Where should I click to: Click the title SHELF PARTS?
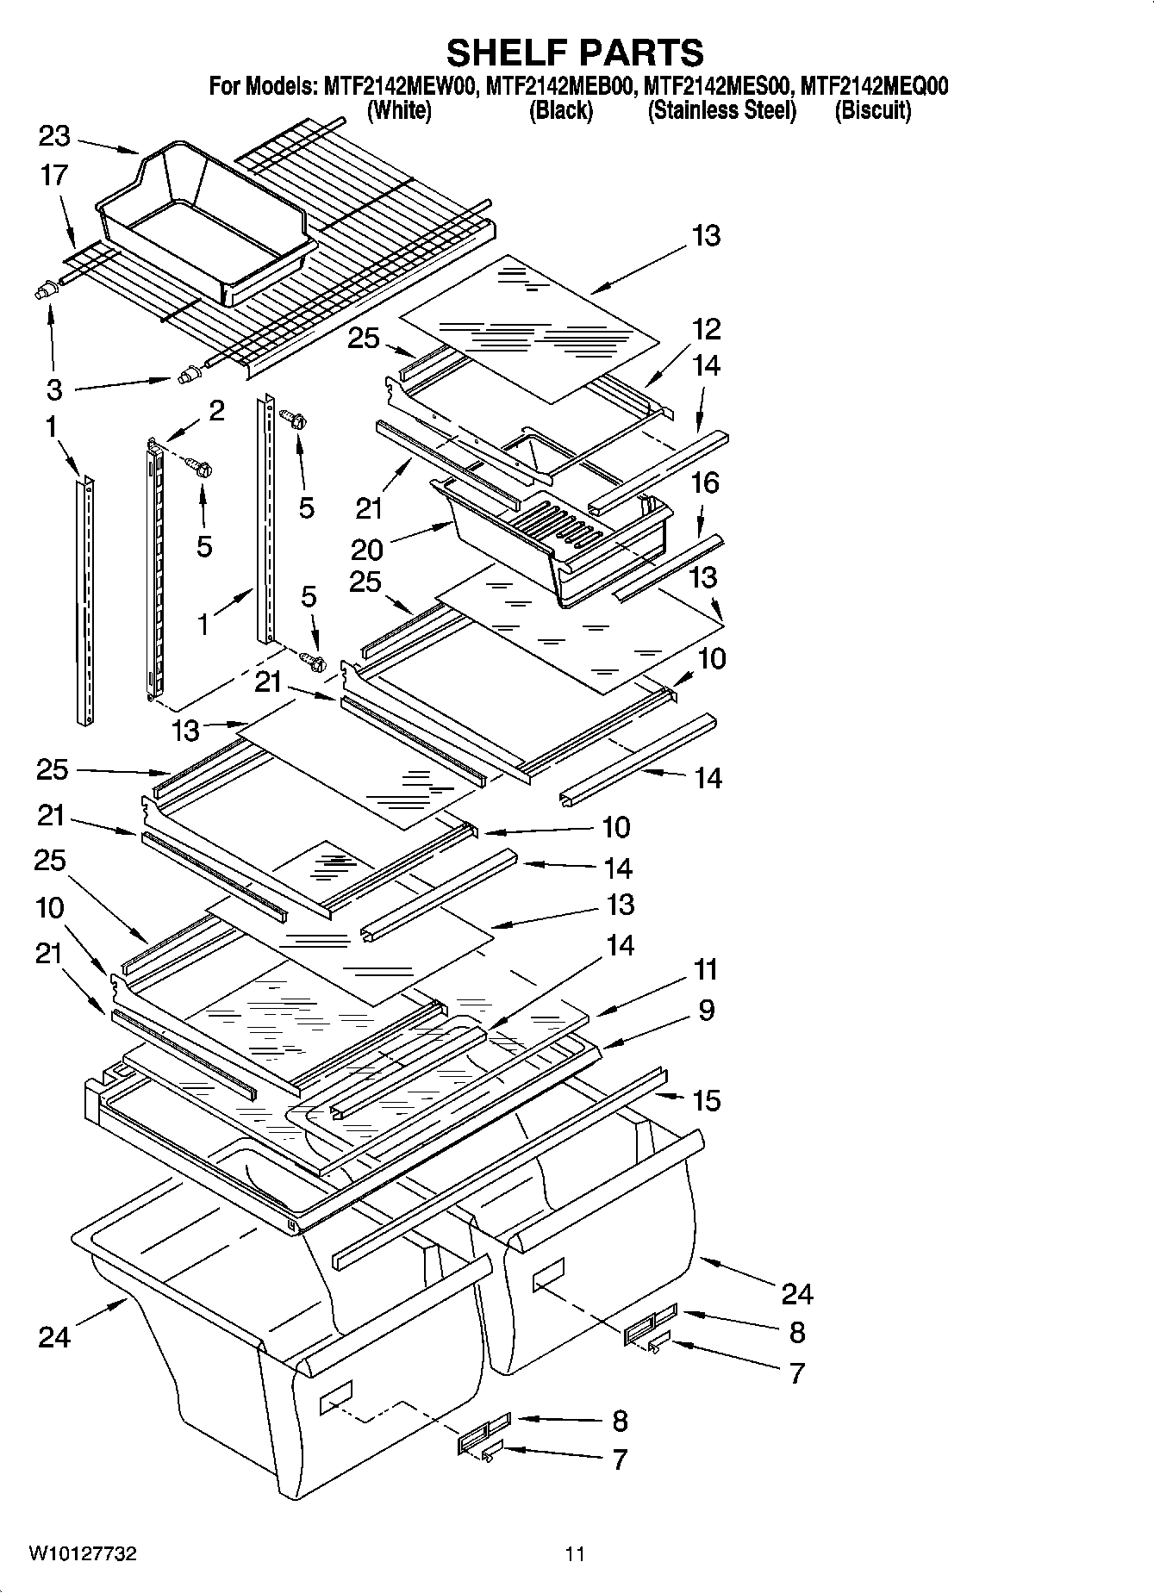(575, 53)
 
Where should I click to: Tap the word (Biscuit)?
(872, 110)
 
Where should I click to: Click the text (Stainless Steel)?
(721, 110)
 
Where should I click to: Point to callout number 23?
(54, 136)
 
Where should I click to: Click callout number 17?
(53, 175)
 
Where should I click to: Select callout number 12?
(706, 329)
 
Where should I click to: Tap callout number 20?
(366, 548)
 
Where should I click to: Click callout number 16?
(705, 482)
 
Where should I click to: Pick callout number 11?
(706, 969)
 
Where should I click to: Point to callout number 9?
(706, 1010)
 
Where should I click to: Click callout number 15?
(706, 1100)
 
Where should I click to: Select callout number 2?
(215, 410)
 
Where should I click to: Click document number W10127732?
(83, 1554)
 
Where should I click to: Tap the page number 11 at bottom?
(575, 1554)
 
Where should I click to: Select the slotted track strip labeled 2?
(155, 569)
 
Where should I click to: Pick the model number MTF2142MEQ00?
(874, 86)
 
